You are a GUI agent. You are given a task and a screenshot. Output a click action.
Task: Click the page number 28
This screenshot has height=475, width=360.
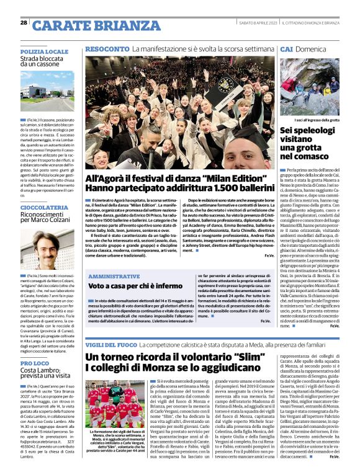point(24,23)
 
